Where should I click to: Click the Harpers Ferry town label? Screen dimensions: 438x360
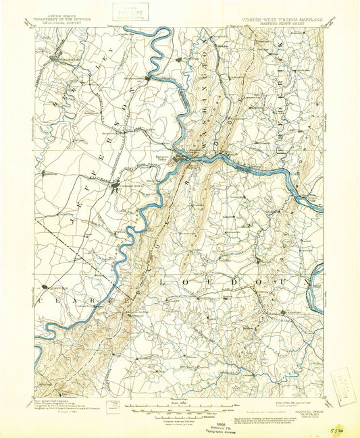click(161, 155)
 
